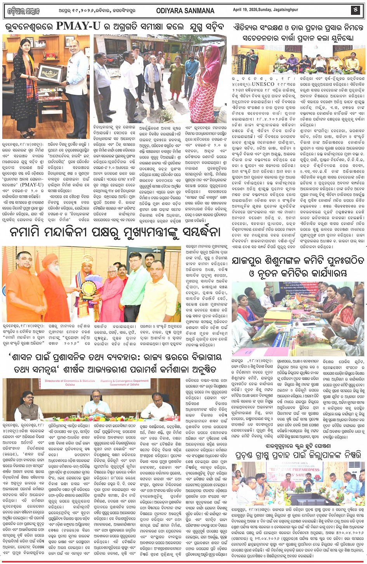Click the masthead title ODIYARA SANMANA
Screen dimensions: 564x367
(x=186, y=11)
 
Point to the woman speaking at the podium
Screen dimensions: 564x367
(x=252, y=58)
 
